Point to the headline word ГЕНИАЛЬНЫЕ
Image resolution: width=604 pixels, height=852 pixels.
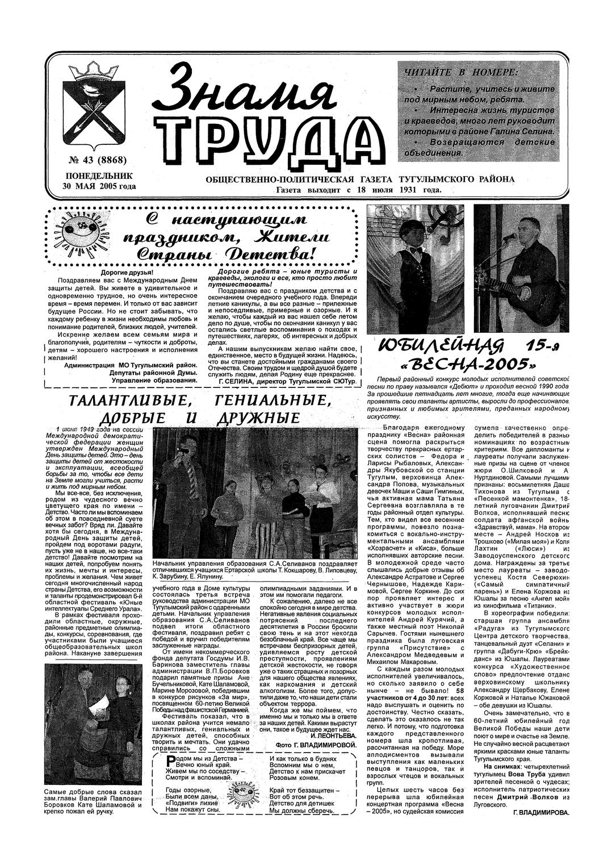[x=273, y=402]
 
